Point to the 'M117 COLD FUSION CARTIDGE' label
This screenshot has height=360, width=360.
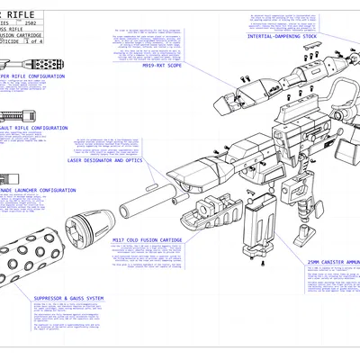148,241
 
